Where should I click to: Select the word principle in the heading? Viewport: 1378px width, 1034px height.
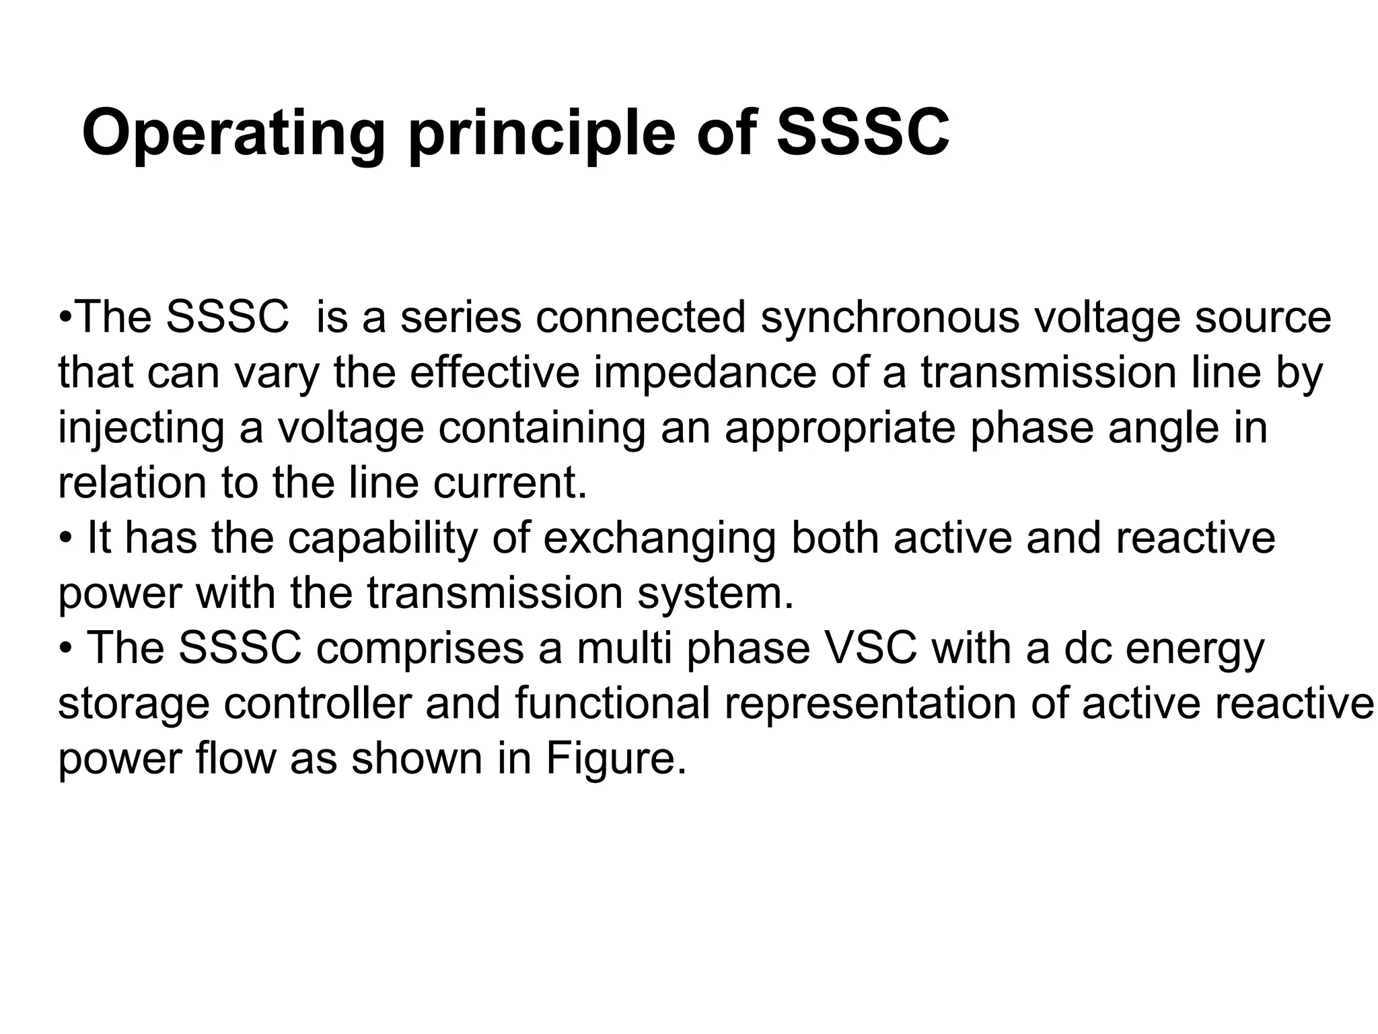click(x=542, y=133)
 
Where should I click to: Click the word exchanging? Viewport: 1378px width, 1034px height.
click(x=659, y=539)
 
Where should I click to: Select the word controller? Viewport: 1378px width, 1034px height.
click(x=317, y=703)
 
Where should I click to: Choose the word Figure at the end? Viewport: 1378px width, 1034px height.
click(x=616, y=759)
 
